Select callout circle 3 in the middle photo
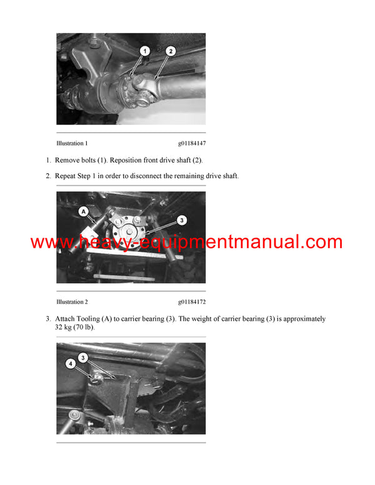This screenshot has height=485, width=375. coord(181,220)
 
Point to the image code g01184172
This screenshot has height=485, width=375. coord(191,302)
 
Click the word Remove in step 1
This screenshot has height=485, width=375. coord(69,160)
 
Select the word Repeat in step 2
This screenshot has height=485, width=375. coord(67,176)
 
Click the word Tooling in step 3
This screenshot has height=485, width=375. coord(96,319)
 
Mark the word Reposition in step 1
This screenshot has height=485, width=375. coord(130,160)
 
